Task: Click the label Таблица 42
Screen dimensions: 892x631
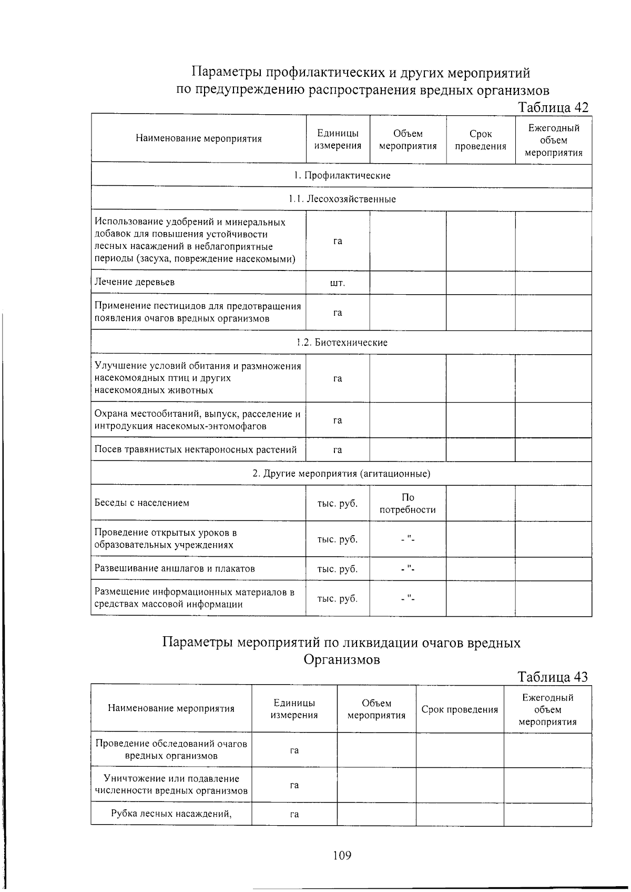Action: tap(553, 107)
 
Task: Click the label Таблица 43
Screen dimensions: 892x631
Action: tap(552, 677)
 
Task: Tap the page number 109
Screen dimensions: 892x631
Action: tap(342, 855)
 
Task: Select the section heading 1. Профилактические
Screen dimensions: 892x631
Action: tap(342, 176)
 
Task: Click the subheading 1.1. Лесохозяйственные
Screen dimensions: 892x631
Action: tap(342, 199)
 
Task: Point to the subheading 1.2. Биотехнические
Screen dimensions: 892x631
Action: tap(342, 343)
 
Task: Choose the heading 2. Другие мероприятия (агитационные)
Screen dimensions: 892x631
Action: tap(342, 474)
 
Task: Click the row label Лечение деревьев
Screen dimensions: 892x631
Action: tap(135, 282)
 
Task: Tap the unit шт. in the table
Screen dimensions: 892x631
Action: tap(338, 283)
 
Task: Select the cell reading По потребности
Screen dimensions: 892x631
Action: tap(408, 504)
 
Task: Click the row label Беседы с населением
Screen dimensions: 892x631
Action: tap(142, 503)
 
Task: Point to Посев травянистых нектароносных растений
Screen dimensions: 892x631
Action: tap(196, 449)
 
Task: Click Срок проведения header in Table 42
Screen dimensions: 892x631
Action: tap(481, 140)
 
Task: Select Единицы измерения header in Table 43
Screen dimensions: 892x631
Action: tap(294, 709)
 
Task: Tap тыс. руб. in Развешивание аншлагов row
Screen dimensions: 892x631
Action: tap(338, 569)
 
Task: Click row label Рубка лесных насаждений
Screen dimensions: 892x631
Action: tap(171, 814)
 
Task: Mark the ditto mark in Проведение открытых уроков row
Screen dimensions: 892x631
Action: tap(408, 539)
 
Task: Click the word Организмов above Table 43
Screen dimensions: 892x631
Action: tap(342, 659)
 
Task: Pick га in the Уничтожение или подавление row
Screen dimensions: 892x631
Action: tap(294, 785)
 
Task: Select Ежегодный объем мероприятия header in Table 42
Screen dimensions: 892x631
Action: tap(554, 141)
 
